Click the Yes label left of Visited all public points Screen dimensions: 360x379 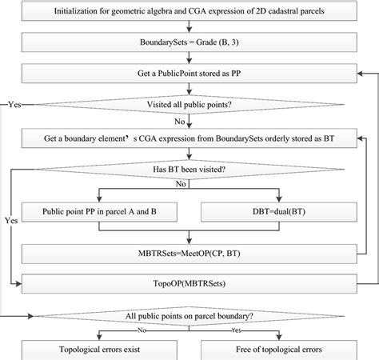pyautogui.click(x=14, y=105)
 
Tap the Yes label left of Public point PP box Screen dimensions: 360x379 pyautogui.click(x=9, y=218)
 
